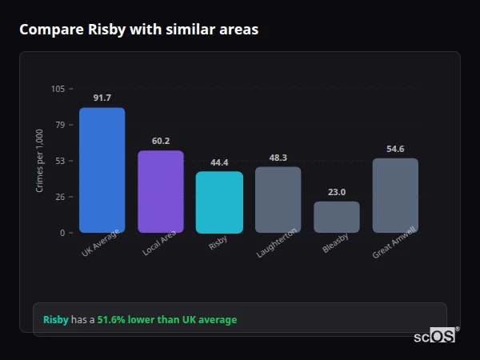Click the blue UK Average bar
(x=102, y=170)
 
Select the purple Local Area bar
(x=161, y=191)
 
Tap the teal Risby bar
(x=219, y=202)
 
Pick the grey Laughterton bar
(x=278, y=199)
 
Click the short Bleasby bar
(x=337, y=217)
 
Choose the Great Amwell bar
(x=395, y=195)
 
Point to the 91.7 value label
(x=102, y=98)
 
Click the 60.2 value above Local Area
(x=161, y=141)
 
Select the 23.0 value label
(x=337, y=192)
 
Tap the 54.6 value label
(x=395, y=149)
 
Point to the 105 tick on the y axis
(x=58, y=89)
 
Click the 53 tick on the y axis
(x=60, y=161)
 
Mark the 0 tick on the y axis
(x=62, y=233)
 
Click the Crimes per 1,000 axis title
(x=40, y=161)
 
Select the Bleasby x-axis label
(x=335, y=243)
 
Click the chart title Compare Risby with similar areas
(x=138, y=30)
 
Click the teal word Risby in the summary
(x=56, y=320)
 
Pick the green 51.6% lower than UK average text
(x=167, y=320)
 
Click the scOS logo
(x=434, y=337)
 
